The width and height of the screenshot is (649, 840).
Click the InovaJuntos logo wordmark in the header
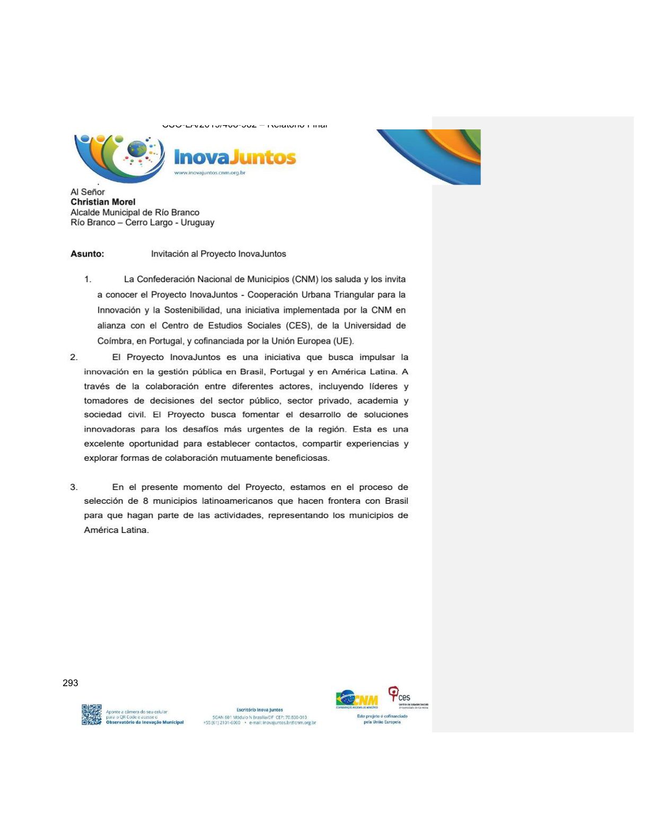tap(235, 157)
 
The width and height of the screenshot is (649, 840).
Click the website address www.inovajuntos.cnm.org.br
tap(210, 173)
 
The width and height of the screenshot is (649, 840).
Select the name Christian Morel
tap(103, 202)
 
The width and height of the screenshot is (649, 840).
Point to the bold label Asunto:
tap(87, 254)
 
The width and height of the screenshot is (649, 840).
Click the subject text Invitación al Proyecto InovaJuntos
tap(218, 254)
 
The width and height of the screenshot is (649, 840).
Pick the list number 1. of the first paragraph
tap(87, 279)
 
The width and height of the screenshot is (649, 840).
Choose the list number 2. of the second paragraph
tap(74, 357)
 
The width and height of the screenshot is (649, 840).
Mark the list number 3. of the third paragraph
tap(74, 487)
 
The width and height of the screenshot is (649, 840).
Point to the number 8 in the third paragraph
tap(145, 501)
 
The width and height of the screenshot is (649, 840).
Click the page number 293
tap(71, 683)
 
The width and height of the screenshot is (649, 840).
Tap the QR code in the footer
tap(92, 714)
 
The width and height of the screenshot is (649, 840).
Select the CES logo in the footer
tap(400, 696)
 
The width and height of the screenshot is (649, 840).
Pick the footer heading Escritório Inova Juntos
tap(260, 710)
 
